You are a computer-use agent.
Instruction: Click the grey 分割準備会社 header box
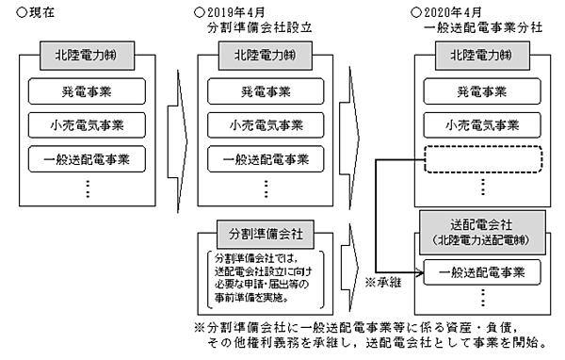point(266,231)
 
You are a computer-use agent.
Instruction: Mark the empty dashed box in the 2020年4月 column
point(482,158)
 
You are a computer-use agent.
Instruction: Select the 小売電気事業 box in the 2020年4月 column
point(482,125)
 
